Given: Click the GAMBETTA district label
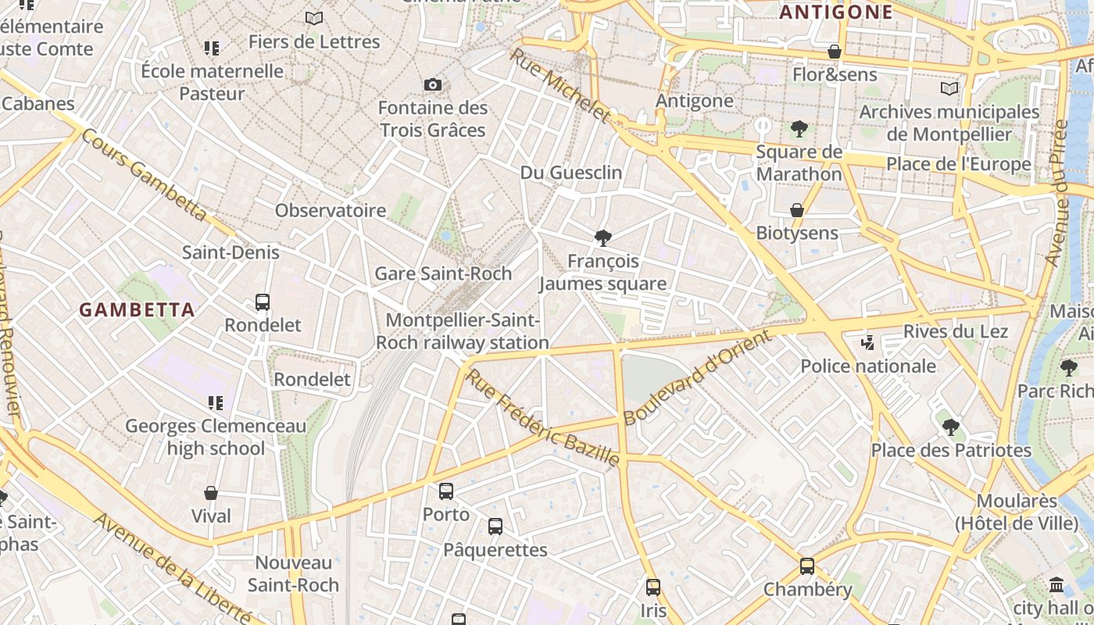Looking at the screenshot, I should pyautogui.click(x=137, y=309).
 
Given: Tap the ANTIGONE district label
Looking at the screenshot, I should pyautogui.click(x=836, y=12).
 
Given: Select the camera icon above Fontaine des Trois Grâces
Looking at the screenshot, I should pyautogui.click(x=433, y=84).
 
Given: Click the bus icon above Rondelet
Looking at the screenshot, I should pyautogui.click(x=263, y=302).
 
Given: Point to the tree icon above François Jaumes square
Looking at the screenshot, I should pyautogui.click(x=602, y=238).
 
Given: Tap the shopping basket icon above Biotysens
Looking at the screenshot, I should pyautogui.click(x=797, y=210).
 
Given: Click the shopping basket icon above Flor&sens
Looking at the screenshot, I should pyautogui.click(x=835, y=52).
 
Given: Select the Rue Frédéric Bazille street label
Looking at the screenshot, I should pyautogui.click(x=544, y=418).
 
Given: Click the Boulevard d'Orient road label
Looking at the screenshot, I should pyautogui.click(x=698, y=377).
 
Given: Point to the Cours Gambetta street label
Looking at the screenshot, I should pyautogui.click(x=145, y=175).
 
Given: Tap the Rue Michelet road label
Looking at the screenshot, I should pyautogui.click(x=560, y=85).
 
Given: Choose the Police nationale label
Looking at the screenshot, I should pyautogui.click(x=868, y=366).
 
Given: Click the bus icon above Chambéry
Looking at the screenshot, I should pyautogui.click(x=807, y=566).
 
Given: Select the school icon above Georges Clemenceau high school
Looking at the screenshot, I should pyautogui.click(x=216, y=403).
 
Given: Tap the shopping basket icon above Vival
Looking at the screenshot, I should pyautogui.click(x=211, y=493).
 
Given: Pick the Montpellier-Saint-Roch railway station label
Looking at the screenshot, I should pyautogui.click(x=463, y=331).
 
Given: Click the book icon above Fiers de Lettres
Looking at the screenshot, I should pyautogui.click(x=314, y=18).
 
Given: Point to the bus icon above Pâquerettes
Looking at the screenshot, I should pyautogui.click(x=495, y=527).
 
